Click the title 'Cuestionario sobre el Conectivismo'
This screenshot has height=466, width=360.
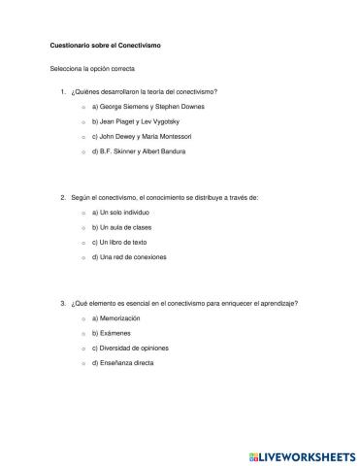(105, 47)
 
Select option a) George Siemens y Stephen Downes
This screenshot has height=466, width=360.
(147, 106)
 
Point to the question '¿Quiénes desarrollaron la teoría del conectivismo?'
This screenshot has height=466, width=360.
(144, 91)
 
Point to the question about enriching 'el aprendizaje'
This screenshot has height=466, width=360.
(183, 303)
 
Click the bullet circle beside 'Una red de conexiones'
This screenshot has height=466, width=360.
(84, 258)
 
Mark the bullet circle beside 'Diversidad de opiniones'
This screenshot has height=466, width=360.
(84, 349)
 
